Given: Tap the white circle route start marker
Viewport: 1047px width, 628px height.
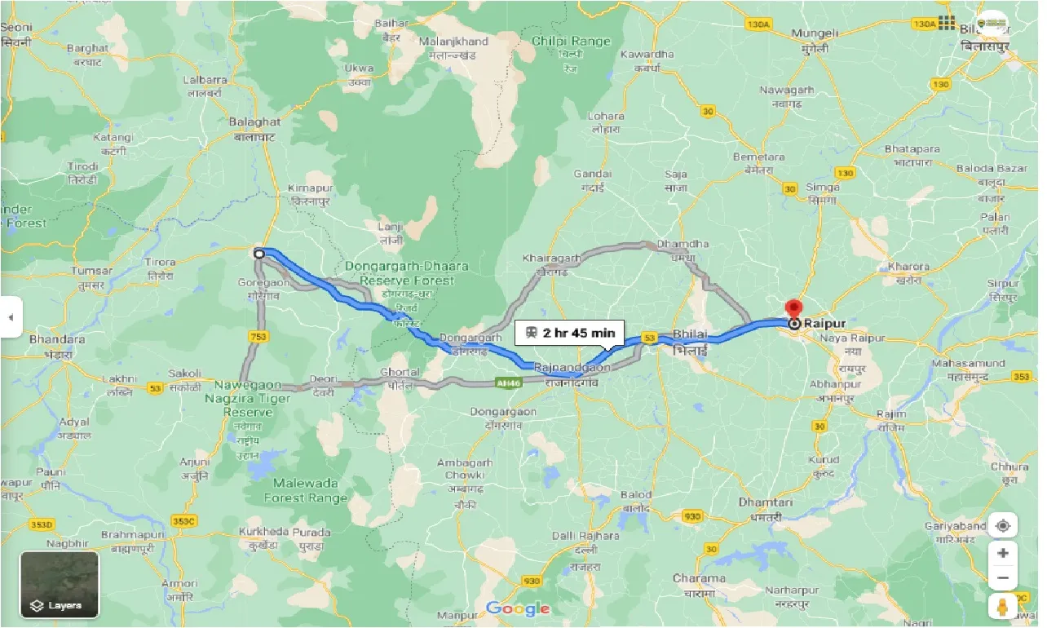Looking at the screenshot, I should pyautogui.click(x=259, y=254).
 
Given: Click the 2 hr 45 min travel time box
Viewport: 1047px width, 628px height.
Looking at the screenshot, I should pyautogui.click(x=570, y=333).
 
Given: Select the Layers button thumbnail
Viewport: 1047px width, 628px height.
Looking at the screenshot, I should pyautogui.click(x=60, y=584).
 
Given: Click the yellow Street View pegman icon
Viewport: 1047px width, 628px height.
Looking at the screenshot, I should pyautogui.click(x=1002, y=606).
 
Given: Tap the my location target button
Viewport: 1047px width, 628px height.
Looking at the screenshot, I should pyautogui.click(x=1002, y=526).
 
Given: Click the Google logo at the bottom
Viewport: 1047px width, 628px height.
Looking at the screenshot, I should pyautogui.click(x=518, y=608).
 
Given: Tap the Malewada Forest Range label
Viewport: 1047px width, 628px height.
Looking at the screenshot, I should pyautogui.click(x=306, y=490).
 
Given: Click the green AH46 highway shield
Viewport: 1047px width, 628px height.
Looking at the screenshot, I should pyautogui.click(x=506, y=382).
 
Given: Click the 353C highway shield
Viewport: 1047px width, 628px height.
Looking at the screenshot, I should pyautogui.click(x=184, y=520).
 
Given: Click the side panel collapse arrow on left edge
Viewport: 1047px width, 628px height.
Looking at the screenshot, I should pyautogui.click(x=11, y=318).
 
